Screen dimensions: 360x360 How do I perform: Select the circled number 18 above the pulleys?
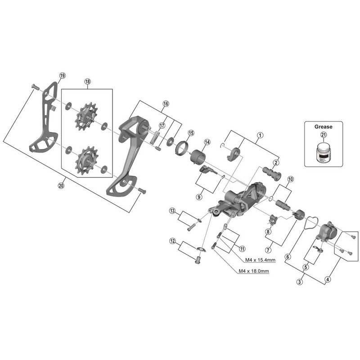point(87,81)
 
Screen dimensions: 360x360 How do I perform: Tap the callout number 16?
point(166,103)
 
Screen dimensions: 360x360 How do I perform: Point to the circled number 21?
point(324,135)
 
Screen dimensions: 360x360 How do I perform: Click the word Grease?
point(323,127)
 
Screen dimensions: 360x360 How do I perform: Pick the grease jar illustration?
point(323,151)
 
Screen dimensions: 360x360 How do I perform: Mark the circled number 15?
point(191,133)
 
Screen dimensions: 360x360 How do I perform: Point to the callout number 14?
point(207,142)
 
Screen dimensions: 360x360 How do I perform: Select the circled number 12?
point(172,241)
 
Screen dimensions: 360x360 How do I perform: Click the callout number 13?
point(172,211)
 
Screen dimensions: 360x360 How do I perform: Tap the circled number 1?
point(260,135)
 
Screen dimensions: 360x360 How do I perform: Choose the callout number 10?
point(290,179)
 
